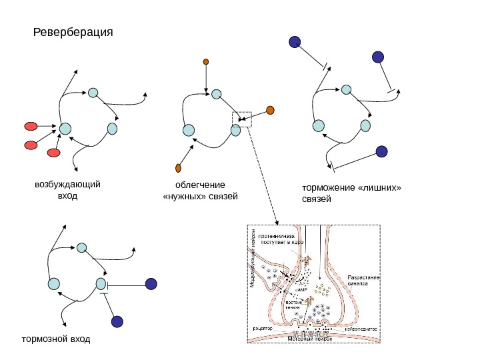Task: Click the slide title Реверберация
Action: [73, 32]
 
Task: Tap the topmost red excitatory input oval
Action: [31, 126]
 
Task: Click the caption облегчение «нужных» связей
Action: [200, 190]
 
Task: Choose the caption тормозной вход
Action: [55, 340]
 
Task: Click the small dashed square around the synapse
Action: [241, 119]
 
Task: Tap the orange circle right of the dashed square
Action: [270, 110]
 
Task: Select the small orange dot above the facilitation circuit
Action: [206, 62]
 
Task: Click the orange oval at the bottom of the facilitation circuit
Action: [179, 167]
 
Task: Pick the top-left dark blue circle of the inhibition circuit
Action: [294, 42]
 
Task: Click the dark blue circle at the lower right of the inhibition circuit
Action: [381, 152]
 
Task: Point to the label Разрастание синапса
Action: [363, 279]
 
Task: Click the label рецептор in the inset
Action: [262, 329]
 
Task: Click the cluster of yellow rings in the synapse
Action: [323, 289]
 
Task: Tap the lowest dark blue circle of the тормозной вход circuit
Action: [117, 322]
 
